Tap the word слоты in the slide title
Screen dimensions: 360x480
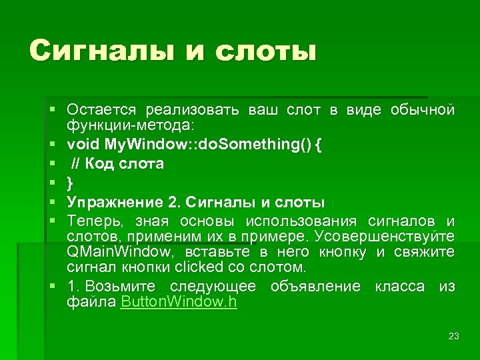click(x=269, y=51)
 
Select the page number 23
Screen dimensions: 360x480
click(x=454, y=336)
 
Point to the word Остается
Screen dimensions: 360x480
click(x=101, y=109)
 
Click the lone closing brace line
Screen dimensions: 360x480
click(x=71, y=183)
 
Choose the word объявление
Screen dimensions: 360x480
click(x=315, y=287)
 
